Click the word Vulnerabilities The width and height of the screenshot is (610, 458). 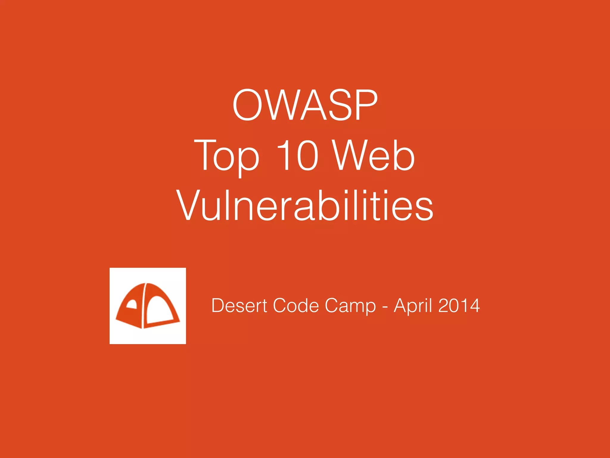click(x=305, y=205)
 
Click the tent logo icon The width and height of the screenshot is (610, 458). click(x=148, y=306)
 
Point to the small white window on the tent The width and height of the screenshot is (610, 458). click(x=132, y=304)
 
